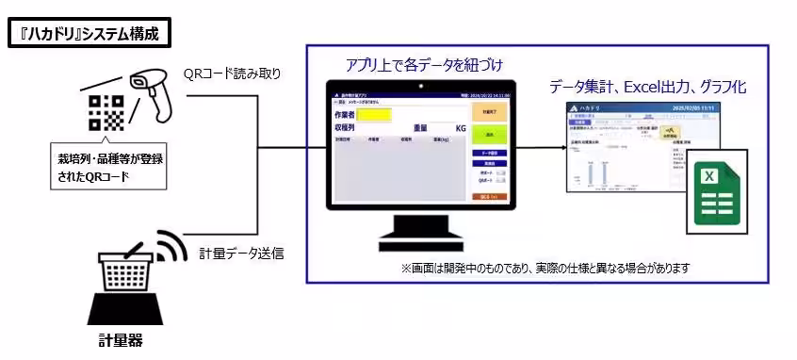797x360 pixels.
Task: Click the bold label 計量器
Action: point(122,339)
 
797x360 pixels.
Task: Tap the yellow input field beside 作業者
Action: point(373,115)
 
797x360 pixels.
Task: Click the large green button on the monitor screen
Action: point(489,135)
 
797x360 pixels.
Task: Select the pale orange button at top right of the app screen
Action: point(489,111)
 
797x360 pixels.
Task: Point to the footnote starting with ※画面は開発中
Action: point(545,268)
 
